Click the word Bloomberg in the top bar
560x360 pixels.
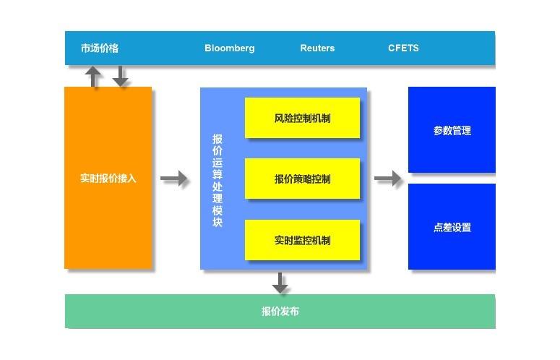point(230,48)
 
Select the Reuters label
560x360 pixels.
point(317,48)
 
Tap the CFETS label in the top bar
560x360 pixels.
point(403,48)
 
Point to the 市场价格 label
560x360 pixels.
point(100,48)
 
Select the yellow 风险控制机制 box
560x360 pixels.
point(302,118)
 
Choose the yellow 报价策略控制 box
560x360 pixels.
point(302,179)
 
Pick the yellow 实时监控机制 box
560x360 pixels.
point(302,240)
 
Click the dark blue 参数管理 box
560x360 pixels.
point(452,130)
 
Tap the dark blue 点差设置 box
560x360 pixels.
point(452,227)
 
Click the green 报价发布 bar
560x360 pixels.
point(280,312)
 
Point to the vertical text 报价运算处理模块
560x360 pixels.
point(217,179)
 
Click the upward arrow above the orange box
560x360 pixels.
point(93,76)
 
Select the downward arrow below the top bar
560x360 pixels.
point(120,76)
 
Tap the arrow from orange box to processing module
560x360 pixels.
point(174,178)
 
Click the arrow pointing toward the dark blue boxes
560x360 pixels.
point(388,178)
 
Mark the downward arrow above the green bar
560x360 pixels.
point(280,282)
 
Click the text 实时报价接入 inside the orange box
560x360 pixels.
point(108,178)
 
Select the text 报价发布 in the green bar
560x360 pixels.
point(280,312)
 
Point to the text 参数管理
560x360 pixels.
point(452,131)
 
